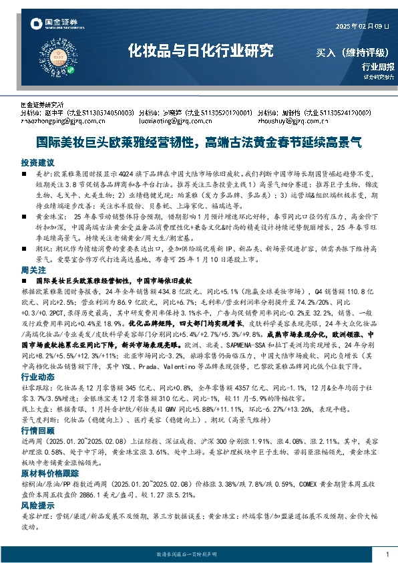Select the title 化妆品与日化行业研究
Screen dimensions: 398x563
pyautogui.click(x=200, y=50)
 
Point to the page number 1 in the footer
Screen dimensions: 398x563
pyautogui.click(x=387, y=555)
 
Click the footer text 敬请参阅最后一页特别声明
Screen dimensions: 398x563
pyautogui.click(x=189, y=555)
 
